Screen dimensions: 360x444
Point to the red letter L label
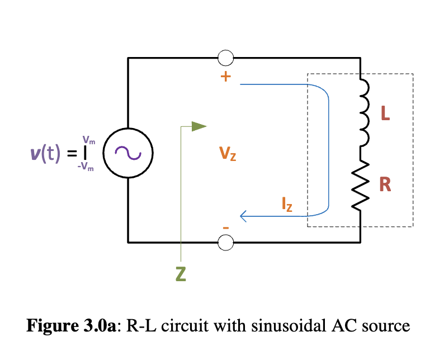click(x=385, y=114)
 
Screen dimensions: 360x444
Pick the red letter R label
click(x=385, y=184)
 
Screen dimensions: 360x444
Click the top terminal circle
click(x=225, y=58)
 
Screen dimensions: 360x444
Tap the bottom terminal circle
click(x=225, y=242)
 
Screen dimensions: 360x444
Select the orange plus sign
click(x=225, y=77)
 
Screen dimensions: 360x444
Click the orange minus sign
click(x=226, y=228)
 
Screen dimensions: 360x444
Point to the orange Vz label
click(x=227, y=153)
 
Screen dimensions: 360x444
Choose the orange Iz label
click(x=286, y=205)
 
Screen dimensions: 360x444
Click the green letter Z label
click(x=180, y=274)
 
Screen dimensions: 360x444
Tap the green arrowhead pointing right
click(x=199, y=126)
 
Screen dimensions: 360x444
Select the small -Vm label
click(x=86, y=166)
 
